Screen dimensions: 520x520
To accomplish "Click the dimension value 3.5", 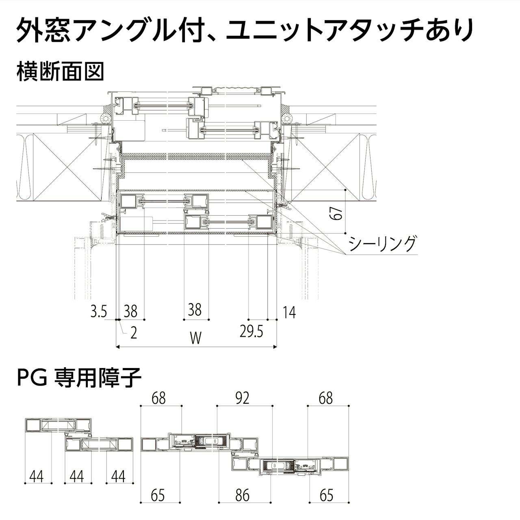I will (x=98, y=312).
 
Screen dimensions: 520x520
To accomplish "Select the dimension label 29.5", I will (x=251, y=332).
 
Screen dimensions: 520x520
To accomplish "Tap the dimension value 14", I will (x=289, y=312).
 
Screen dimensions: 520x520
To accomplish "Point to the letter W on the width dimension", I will (x=195, y=338).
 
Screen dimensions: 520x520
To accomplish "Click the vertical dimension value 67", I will (x=336, y=214).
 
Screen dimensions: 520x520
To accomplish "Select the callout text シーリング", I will (x=382, y=244).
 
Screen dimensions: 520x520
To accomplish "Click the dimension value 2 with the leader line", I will (x=133, y=333).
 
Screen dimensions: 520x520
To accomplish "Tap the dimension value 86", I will (x=242, y=496).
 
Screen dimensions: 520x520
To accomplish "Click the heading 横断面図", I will (x=60, y=71).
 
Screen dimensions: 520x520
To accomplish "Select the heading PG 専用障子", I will (x=79, y=377).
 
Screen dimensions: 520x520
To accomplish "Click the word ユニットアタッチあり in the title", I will (x=349, y=30).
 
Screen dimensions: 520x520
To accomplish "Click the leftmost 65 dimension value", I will (x=158, y=496).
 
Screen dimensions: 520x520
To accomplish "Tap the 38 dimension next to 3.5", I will (x=130, y=312).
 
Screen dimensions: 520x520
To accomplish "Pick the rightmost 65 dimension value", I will (x=326, y=496).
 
